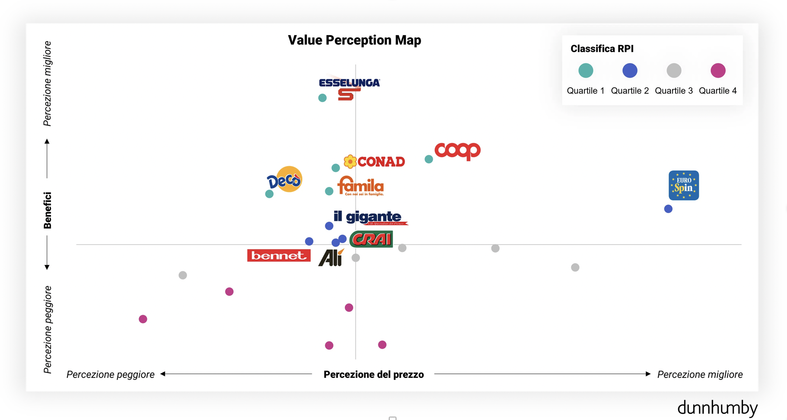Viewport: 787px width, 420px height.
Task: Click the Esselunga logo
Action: coord(349,88)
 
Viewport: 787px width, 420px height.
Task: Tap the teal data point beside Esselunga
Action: coord(322,98)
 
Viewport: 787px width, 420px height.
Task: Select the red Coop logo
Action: coord(457,151)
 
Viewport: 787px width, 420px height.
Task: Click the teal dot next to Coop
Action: coord(429,159)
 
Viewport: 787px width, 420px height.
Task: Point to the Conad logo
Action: coord(374,162)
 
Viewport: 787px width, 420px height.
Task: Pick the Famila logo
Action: coord(360,186)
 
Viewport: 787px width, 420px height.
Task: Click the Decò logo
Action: coord(285,180)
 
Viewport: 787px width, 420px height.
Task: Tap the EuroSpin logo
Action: coord(684,185)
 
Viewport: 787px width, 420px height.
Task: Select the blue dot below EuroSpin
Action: coord(668,209)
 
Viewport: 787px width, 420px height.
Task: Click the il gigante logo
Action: coord(370,217)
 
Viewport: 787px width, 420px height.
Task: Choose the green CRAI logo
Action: coord(371,239)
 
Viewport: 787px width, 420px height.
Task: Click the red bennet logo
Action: coord(279,256)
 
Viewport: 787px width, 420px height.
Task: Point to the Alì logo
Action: coord(331,257)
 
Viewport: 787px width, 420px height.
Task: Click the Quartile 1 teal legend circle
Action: coord(586,70)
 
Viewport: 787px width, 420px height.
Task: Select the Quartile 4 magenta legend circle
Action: coord(718,70)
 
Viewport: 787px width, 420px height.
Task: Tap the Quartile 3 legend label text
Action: coord(674,91)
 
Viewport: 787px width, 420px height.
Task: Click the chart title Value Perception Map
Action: coord(354,40)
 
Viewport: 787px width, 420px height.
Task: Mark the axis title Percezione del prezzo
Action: coord(373,374)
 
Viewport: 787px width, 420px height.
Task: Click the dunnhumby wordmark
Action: coord(717,408)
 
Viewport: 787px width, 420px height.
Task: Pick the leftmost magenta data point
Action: coord(143,319)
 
